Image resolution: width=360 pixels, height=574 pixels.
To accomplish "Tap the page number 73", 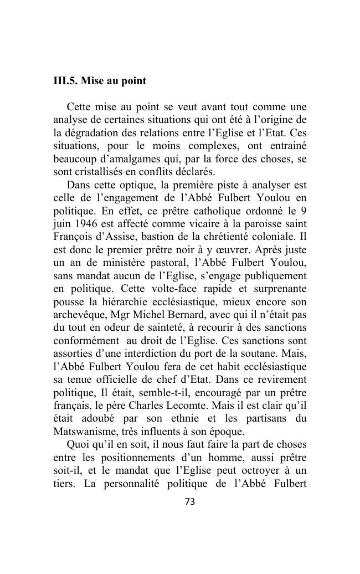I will pyautogui.click(x=190, y=502).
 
